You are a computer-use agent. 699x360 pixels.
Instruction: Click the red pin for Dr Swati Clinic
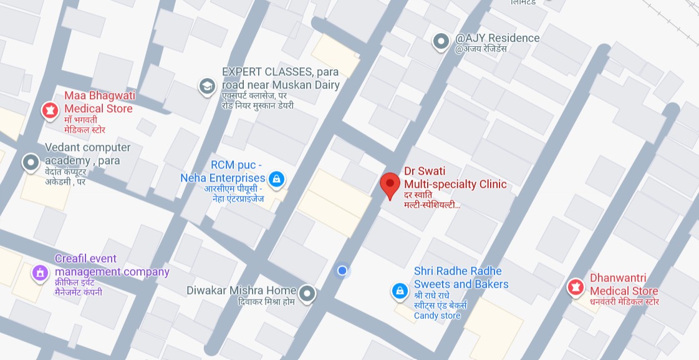390,185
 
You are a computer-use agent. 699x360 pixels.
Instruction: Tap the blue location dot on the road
342,270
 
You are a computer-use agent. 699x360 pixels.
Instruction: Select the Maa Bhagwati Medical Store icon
49,110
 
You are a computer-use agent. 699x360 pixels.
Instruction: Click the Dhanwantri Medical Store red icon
575,287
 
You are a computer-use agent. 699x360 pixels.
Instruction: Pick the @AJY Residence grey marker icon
441,42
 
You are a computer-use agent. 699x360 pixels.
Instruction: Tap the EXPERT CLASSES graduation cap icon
206,86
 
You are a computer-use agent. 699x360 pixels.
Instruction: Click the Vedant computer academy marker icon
31,163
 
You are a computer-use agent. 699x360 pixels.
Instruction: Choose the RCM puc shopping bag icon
277,180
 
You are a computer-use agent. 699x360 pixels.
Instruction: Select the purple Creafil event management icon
40,273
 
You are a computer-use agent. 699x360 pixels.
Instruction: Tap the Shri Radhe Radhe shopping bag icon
399,291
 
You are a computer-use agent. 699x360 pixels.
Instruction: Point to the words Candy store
437,316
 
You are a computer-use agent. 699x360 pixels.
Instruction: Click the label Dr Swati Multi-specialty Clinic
455,177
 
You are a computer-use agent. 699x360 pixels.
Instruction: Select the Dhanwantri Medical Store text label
624,285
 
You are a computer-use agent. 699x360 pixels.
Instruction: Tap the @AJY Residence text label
497,38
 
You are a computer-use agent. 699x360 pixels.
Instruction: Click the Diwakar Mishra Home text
241,290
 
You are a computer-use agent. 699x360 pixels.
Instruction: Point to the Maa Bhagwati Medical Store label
99,102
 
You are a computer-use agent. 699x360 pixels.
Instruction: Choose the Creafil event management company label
112,265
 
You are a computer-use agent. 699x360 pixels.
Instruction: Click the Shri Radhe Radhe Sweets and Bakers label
461,278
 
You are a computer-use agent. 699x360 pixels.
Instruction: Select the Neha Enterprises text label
223,178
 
